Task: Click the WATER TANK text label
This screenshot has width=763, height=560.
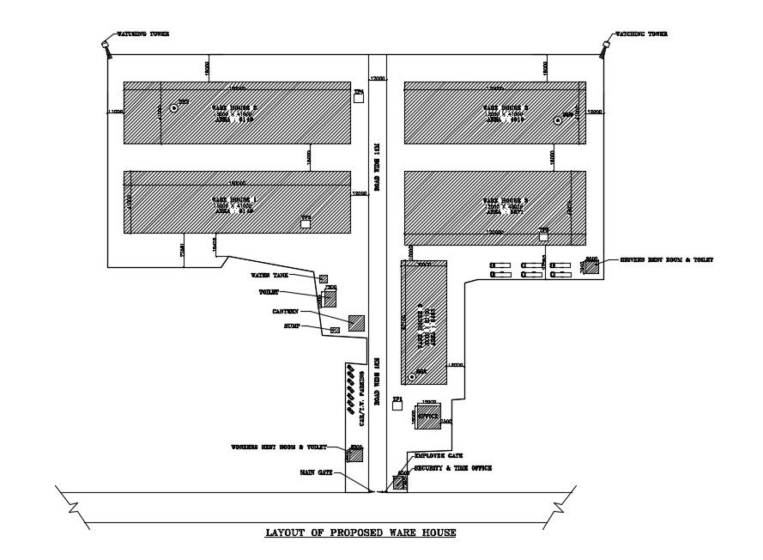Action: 269,276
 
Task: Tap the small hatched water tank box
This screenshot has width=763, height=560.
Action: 324,278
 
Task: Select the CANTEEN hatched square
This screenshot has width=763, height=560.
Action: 356,323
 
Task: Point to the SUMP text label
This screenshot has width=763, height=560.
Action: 292,327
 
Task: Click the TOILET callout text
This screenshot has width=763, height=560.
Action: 269,292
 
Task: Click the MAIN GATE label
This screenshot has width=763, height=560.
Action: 316,472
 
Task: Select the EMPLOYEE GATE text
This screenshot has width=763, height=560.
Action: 439,456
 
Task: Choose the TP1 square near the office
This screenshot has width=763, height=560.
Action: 397,406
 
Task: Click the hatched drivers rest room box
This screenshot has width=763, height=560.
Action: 590,266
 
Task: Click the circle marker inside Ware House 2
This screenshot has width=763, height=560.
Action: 173,108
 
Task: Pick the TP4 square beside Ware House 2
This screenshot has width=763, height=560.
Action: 360,98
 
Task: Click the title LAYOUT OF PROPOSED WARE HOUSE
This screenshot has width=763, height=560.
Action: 360,533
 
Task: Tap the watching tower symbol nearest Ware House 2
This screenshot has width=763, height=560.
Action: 106,46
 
